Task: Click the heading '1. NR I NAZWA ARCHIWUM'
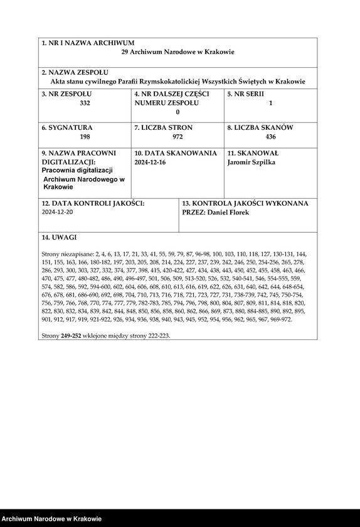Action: (x=88, y=43)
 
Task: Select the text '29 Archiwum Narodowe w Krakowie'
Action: (x=177, y=52)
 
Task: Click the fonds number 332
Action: (x=85, y=102)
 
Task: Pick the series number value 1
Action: (x=270, y=102)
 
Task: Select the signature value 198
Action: (x=85, y=136)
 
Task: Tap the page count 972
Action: (x=177, y=136)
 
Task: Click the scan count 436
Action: (x=270, y=136)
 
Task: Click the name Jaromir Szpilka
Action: (x=251, y=162)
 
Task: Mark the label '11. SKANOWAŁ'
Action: (x=253, y=152)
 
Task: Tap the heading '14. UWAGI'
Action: (x=59, y=238)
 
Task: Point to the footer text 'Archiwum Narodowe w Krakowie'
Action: (x=51, y=519)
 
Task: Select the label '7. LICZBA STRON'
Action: (x=164, y=127)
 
